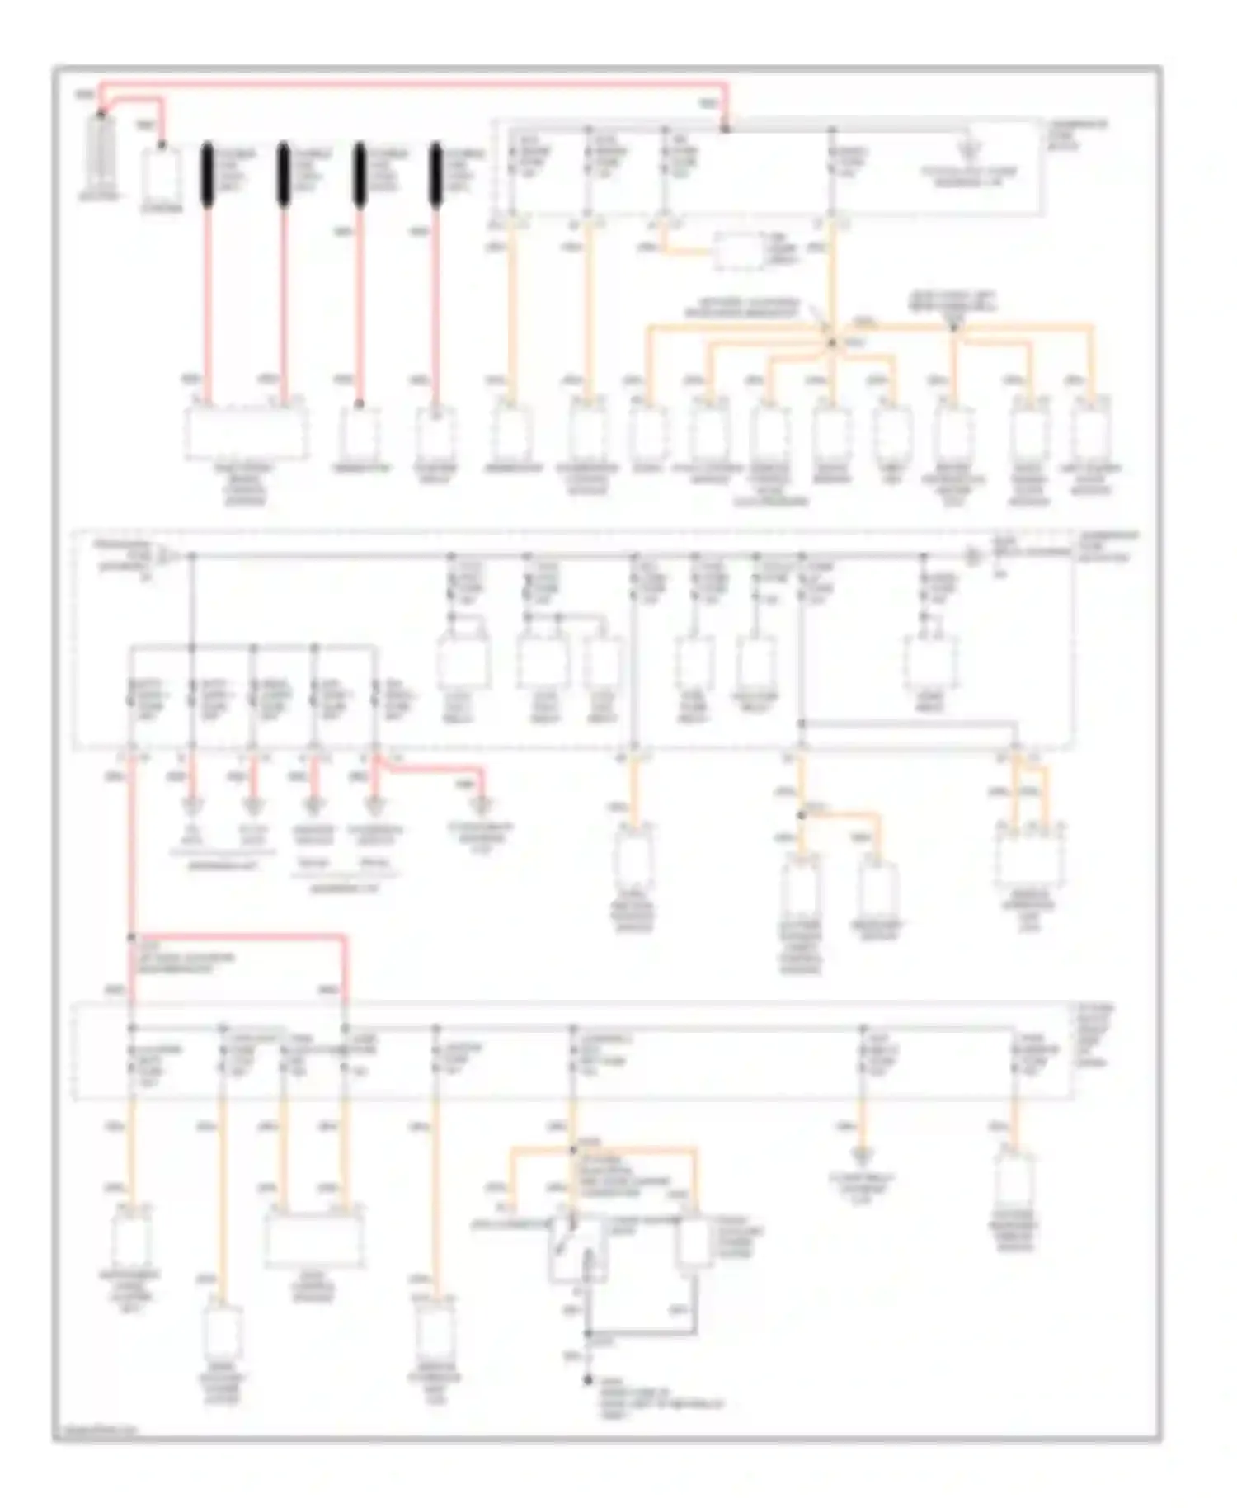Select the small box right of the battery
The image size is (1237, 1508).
pos(162,175)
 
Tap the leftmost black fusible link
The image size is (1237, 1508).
pos(207,175)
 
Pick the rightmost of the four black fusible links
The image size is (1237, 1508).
pos(435,175)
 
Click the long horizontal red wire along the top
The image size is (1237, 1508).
pos(412,83)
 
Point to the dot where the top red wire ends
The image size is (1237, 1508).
pos(726,129)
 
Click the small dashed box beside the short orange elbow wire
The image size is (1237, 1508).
pos(739,252)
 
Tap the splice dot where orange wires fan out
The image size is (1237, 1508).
pos(832,342)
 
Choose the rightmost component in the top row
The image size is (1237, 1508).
pos(1090,431)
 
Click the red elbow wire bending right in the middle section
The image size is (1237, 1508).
pos(437,770)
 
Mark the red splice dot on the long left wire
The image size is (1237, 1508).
pos(131,938)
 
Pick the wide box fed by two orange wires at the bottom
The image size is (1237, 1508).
pos(313,1237)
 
